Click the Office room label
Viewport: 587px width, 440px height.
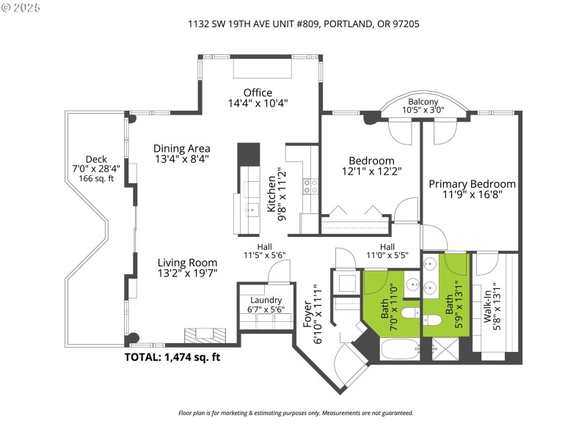tap(258, 93)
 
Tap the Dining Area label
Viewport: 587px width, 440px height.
tap(182, 149)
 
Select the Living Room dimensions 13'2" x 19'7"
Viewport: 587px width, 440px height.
tap(187, 273)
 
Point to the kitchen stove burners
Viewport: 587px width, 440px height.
tap(310, 186)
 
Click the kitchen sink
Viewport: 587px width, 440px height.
tap(252, 210)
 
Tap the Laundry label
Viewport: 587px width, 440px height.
tap(266, 300)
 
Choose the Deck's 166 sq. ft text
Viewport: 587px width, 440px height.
tap(96, 178)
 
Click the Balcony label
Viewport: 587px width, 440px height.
tap(423, 102)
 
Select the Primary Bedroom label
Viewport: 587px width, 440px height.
tap(472, 184)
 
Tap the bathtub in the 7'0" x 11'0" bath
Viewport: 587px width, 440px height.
tap(400, 350)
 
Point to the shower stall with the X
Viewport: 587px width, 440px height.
tap(445, 349)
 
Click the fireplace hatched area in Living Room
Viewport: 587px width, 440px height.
tap(205, 335)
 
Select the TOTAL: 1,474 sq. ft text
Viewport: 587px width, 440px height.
tap(172, 357)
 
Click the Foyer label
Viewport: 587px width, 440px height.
tap(307, 315)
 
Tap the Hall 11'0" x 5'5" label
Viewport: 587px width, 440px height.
tap(387, 251)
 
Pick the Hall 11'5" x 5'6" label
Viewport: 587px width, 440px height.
tap(264, 251)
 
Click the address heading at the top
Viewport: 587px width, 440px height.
tap(304, 24)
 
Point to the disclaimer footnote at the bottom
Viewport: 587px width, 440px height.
tap(296, 413)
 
